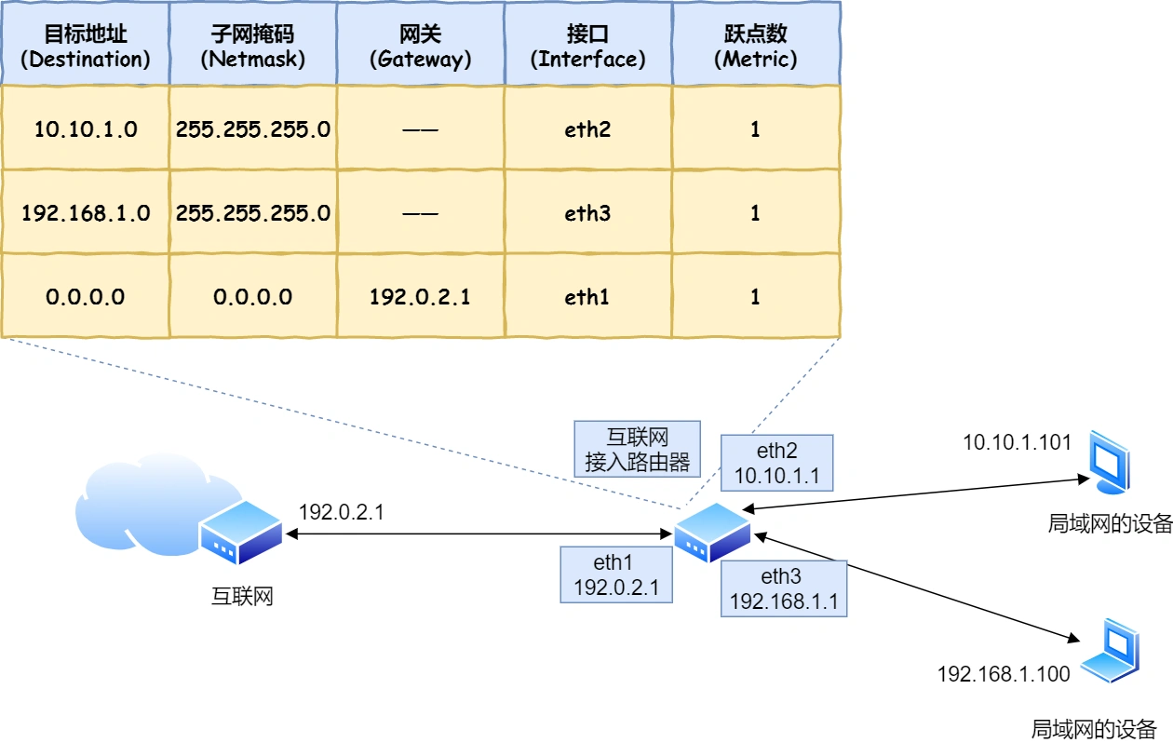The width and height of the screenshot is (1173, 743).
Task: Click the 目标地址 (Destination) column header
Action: (x=86, y=46)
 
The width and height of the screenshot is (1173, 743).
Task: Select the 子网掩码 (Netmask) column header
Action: (x=253, y=46)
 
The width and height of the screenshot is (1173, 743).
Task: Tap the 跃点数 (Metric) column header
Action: (x=755, y=46)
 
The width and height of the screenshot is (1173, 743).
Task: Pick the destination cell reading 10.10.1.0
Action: (x=86, y=129)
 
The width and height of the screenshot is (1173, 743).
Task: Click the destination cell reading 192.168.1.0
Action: (x=86, y=213)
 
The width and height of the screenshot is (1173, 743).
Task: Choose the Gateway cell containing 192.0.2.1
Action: (x=420, y=297)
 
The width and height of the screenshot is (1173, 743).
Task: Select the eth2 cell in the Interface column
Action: (x=587, y=129)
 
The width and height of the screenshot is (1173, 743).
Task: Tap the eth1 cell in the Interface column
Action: (x=587, y=297)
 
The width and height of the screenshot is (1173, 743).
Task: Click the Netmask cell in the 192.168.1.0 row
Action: (x=253, y=213)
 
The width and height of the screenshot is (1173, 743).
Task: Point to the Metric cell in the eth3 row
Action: (x=755, y=213)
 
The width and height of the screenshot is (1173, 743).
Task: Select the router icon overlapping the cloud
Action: (x=240, y=531)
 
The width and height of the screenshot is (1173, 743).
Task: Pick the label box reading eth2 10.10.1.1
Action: (x=777, y=463)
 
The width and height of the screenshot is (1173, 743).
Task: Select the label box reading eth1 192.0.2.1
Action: (x=615, y=574)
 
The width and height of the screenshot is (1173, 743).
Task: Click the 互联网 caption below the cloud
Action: (x=242, y=596)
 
